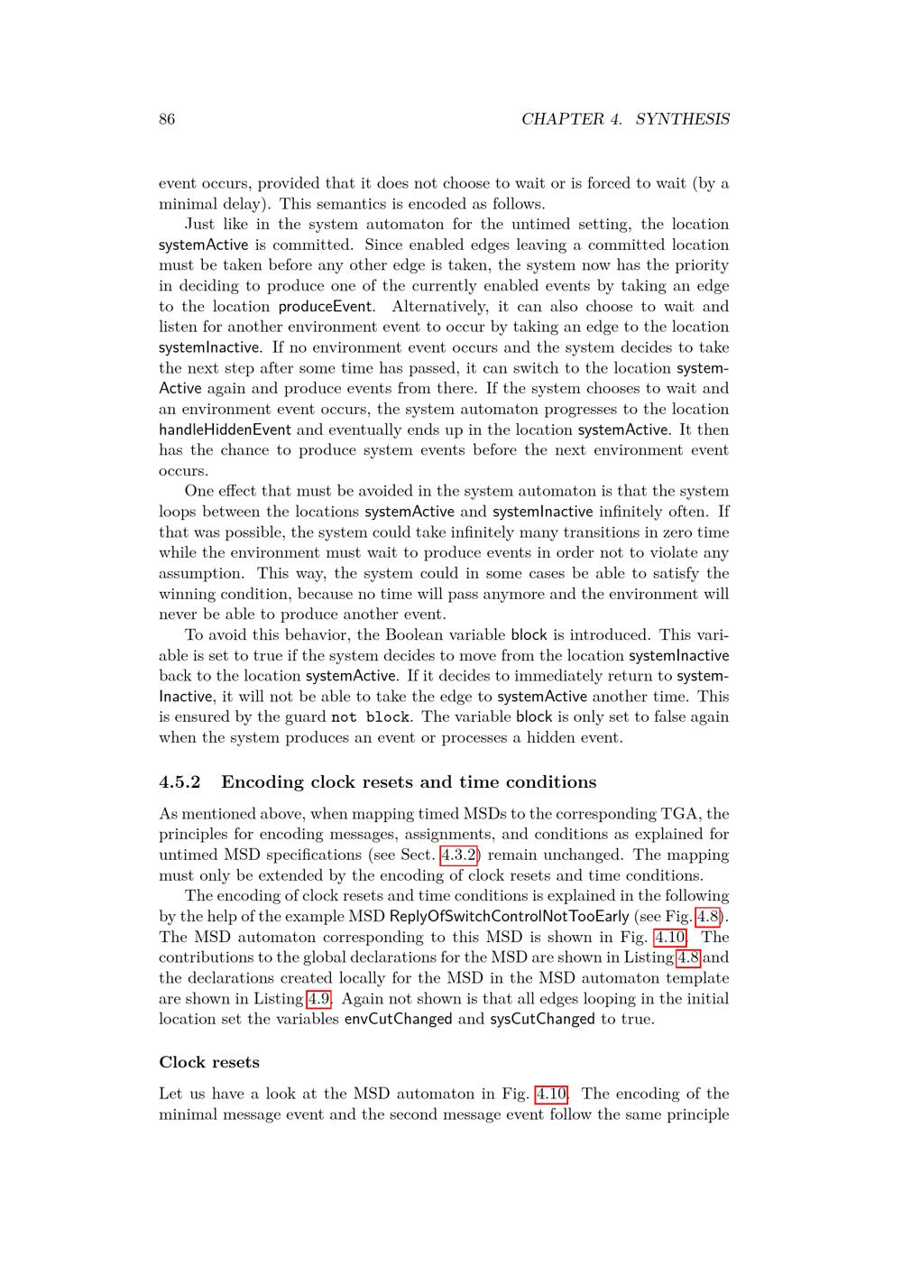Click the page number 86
167,119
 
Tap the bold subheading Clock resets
209,1062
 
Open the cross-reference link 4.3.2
458,855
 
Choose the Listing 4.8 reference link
688,957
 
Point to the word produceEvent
325,306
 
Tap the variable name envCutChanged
398,1019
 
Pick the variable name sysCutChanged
542,1019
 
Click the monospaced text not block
370,717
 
